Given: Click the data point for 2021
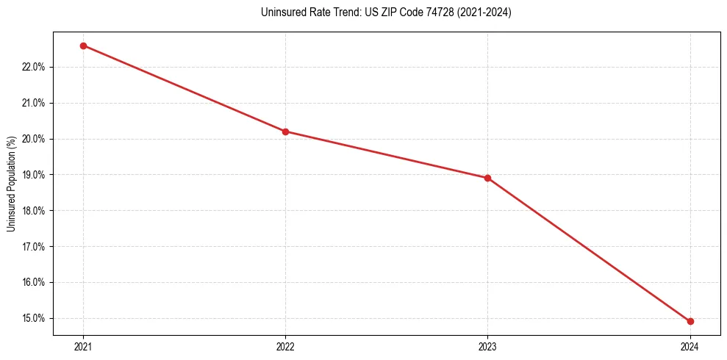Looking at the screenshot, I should tap(83, 46).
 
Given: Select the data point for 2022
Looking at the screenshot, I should tap(285, 132).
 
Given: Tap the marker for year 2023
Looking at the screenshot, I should tap(487, 178).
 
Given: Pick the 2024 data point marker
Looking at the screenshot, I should tap(690, 321).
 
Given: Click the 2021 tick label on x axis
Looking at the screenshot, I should tap(83, 346).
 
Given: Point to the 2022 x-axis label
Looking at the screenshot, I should tap(285, 346).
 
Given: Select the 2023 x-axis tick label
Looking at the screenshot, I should tap(487, 346).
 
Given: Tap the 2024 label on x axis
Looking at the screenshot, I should tap(690, 346).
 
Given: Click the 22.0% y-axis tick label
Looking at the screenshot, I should tap(34, 68).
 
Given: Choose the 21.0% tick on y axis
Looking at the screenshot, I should tap(34, 103).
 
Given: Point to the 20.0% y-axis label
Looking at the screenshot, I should tap(34, 139).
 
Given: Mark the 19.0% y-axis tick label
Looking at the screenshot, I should tap(34, 175).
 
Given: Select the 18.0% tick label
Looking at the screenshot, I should tap(34, 211).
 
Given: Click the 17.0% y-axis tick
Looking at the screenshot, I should tap(34, 247).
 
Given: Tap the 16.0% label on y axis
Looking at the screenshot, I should tap(34, 282).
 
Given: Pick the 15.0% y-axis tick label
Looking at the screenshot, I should tap(34, 318).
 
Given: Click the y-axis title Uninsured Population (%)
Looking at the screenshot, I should tap(11, 184).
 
